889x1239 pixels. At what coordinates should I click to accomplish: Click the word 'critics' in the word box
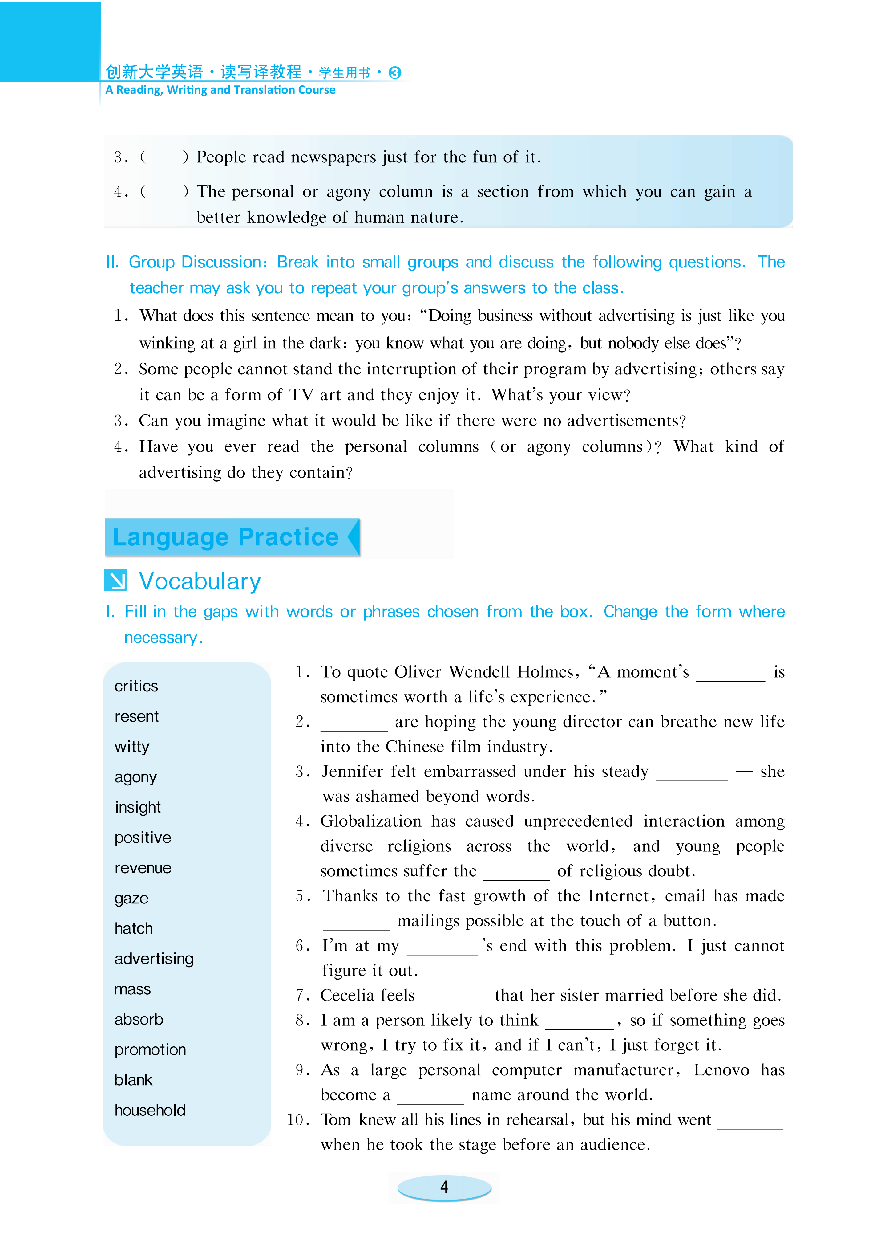136,686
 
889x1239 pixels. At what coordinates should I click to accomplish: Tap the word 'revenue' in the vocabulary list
143,868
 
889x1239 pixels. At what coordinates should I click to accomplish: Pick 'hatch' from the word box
134,929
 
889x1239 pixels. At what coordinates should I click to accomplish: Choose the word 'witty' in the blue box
131,747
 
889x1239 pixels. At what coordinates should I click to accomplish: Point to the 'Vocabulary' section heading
200,581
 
